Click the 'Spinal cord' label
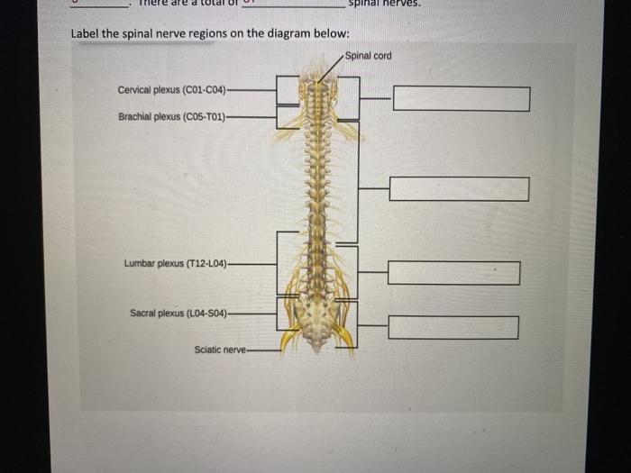368,56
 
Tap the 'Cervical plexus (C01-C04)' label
171,90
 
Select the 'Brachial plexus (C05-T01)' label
171,116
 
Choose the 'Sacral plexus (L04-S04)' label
178,314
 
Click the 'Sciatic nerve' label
219,350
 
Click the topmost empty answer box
461,98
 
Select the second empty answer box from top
459,189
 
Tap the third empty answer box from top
454,273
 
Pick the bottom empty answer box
453,327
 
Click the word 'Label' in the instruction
85,34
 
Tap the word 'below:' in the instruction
330,34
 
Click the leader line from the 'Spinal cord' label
330,68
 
